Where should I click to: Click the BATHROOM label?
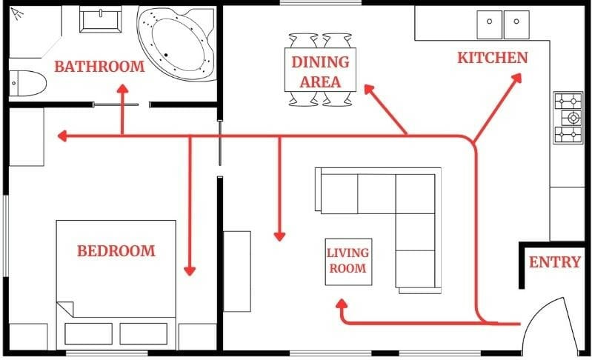99,67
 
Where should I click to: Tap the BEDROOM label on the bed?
116,251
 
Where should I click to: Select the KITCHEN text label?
493,58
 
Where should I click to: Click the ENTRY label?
555,262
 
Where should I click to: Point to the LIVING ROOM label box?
347,261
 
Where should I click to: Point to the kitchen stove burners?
568,118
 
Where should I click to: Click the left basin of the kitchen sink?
490,25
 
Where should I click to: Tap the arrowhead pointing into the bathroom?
122,88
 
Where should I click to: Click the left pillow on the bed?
88,333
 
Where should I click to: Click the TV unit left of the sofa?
237,270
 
